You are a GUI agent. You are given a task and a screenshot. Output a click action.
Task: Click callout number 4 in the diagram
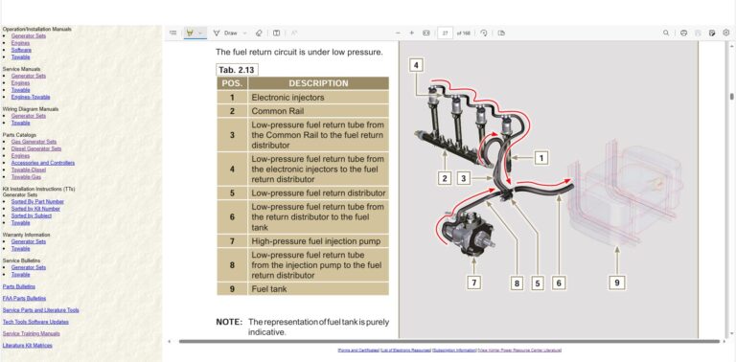[x=416, y=65]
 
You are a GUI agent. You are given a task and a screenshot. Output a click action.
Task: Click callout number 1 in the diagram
[x=540, y=157]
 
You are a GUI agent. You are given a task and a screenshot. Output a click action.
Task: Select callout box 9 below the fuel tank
[x=618, y=283]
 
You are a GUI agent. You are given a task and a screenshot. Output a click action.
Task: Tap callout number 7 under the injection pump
[x=473, y=283]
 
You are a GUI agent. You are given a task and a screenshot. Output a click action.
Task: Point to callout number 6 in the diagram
[x=559, y=283]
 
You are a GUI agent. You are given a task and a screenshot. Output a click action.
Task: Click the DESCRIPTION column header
[x=318, y=83]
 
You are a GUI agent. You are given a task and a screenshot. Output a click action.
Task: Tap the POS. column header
[x=231, y=83]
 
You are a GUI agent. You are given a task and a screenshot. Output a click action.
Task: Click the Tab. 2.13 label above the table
[x=237, y=69]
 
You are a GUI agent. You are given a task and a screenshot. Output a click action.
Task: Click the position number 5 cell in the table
[x=231, y=192]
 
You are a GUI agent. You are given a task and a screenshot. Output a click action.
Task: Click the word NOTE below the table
[x=228, y=322]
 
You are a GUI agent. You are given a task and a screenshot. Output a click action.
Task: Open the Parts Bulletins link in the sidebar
[x=19, y=286]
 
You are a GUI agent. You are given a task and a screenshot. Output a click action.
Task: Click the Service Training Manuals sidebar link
[x=32, y=333]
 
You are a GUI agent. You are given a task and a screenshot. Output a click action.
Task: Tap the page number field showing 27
[x=446, y=33]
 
